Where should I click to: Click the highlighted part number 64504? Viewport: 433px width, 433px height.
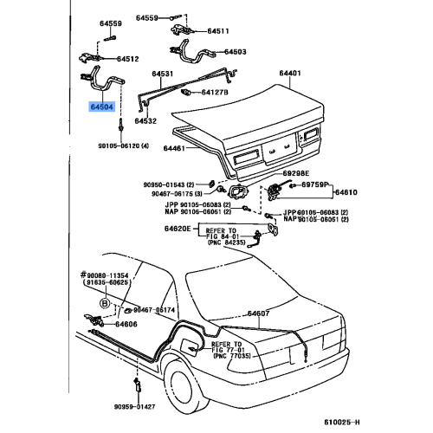click(x=102, y=108)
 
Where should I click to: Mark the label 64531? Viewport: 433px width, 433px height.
click(x=165, y=74)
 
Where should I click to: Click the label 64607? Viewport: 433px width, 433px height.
click(x=260, y=313)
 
